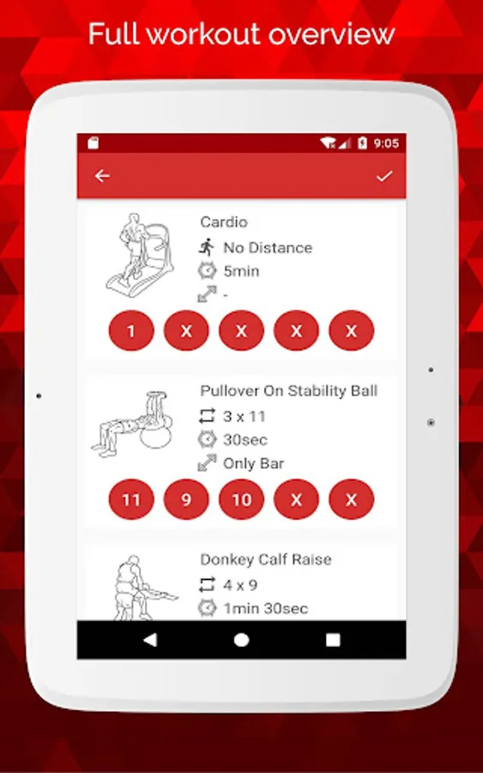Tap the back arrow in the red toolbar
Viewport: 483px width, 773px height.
[x=102, y=175]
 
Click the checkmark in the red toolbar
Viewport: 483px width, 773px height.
[x=384, y=176]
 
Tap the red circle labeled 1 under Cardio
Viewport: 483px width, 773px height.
[x=131, y=331]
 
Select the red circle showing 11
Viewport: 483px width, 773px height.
[x=131, y=499]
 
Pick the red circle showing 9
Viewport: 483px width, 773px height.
[x=186, y=499]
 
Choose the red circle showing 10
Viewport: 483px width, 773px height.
[x=241, y=499]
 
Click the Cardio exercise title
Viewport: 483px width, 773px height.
[x=224, y=222]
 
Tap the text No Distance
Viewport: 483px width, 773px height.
[x=268, y=247]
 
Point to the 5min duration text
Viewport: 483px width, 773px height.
[x=241, y=271]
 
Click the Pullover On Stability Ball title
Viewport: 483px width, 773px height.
[x=288, y=391]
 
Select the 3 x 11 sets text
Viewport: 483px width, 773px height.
[x=245, y=416]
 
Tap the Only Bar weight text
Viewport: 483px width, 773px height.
[x=254, y=464]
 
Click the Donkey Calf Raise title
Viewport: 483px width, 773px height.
[x=266, y=559]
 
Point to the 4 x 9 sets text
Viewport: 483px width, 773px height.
[x=239, y=585]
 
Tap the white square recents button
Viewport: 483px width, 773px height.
[x=333, y=639]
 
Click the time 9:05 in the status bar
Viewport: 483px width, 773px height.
[x=386, y=143]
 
